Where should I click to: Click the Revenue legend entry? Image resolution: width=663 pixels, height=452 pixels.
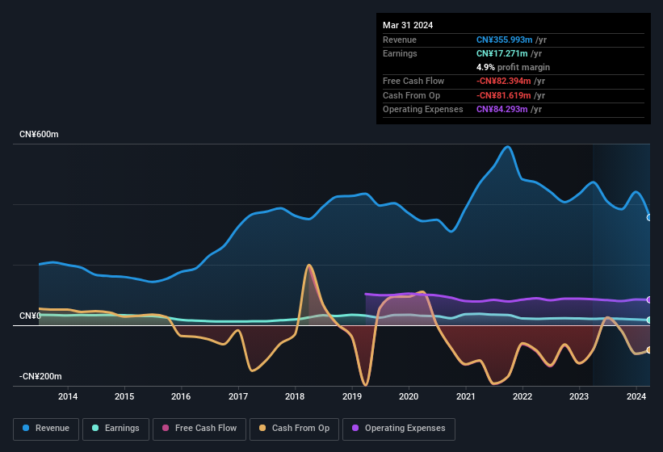pyautogui.click(x=47, y=428)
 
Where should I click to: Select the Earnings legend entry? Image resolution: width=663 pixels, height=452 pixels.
pyautogui.click(x=116, y=428)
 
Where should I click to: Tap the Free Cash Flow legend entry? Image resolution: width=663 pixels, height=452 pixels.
pyautogui.click(x=199, y=428)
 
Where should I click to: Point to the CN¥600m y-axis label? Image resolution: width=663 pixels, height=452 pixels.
pyautogui.click(x=39, y=134)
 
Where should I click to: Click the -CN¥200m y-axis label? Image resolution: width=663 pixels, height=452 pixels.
pyautogui.click(x=40, y=376)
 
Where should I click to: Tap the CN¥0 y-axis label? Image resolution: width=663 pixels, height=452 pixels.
pyautogui.click(x=30, y=316)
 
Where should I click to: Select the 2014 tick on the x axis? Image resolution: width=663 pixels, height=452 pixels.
pyautogui.click(x=68, y=396)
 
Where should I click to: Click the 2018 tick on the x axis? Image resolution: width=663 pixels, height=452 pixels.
pyautogui.click(x=295, y=396)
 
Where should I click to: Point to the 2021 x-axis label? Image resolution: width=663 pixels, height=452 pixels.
pyautogui.click(x=465, y=396)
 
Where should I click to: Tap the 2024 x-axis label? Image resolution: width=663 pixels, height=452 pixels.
pyautogui.click(x=636, y=396)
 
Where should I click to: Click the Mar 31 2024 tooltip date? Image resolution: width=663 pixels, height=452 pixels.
pyautogui.click(x=408, y=25)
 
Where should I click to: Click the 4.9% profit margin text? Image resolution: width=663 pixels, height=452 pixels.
pyautogui.click(x=513, y=67)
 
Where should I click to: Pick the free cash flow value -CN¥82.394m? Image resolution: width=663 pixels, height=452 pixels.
pyautogui.click(x=510, y=81)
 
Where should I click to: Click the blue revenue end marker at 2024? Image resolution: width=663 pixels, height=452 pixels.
pyautogui.click(x=649, y=217)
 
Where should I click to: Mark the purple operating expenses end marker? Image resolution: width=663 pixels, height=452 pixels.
pyautogui.click(x=649, y=299)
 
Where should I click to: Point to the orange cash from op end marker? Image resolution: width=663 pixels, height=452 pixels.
pyautogui.click(x=649, y=349)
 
